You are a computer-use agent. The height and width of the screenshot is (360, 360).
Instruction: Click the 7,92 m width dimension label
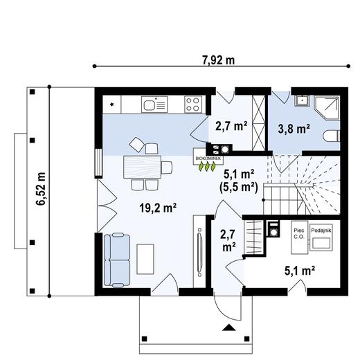point(219,60)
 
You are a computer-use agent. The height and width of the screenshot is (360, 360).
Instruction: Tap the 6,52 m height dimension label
point(41,188)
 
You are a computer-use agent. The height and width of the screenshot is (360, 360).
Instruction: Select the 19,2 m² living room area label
point(158,208)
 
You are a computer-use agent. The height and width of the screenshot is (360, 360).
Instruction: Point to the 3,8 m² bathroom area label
point(294,129)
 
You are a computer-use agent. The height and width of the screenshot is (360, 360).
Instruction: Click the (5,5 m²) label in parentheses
point(238,187)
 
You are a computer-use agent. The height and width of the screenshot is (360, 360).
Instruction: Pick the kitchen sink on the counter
point(154,105)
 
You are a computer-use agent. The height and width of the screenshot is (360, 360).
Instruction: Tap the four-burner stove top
point(193,105)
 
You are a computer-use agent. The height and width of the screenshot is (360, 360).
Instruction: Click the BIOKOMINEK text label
point(208,159)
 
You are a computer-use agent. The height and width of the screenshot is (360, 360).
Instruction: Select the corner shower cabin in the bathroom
point(327,108)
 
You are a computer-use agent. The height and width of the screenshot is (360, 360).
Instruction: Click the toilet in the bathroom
point(332,136)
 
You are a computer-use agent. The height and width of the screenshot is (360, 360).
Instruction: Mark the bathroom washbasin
point(302,101)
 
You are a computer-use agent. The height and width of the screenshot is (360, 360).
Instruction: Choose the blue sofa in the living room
point(117,260)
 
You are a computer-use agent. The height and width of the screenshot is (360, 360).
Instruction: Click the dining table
point(142,167)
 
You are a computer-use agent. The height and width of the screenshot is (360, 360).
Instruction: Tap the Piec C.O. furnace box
point(299,237)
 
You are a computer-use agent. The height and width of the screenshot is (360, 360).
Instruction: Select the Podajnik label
point(321,231)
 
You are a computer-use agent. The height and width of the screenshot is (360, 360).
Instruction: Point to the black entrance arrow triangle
point(229,327)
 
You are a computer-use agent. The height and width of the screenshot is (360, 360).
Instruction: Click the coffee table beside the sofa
point(145,259)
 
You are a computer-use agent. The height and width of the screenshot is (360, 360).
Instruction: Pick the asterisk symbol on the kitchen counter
point(112,105)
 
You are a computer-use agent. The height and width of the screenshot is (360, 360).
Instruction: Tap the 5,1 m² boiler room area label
point(300,271)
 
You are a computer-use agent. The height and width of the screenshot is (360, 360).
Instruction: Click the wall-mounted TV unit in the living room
point(199,252)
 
